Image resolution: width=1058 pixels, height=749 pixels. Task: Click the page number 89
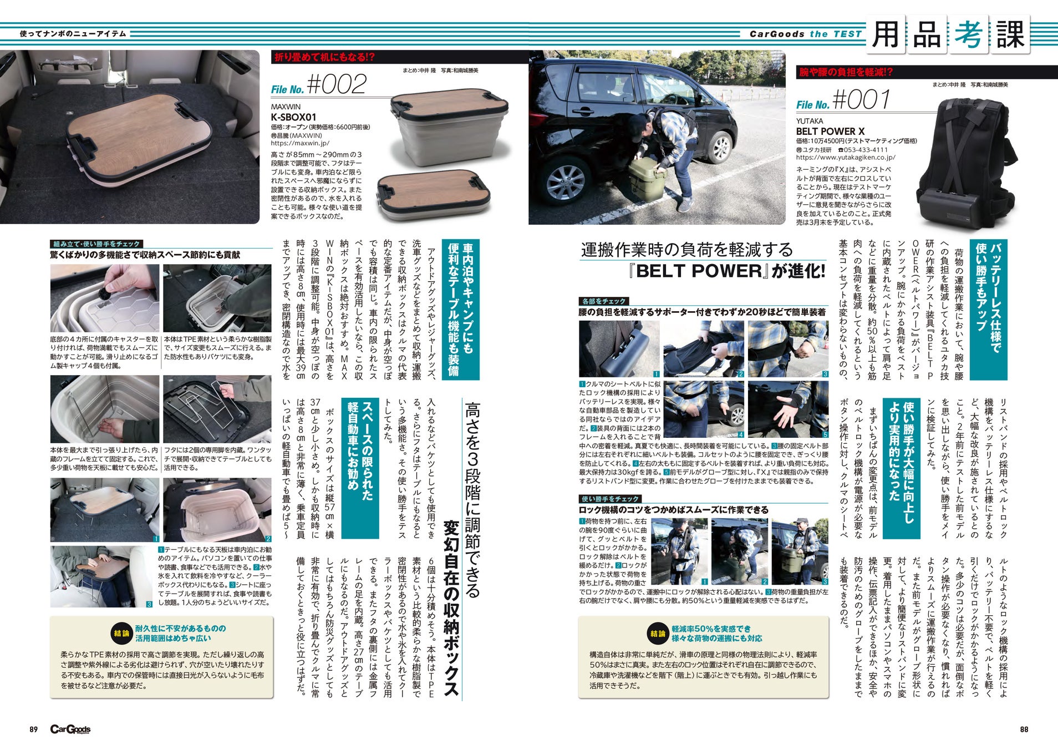pyautogui.click(x=34, y=729)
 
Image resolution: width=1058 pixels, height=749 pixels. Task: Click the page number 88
pyautogui.click(x=1024, y=729)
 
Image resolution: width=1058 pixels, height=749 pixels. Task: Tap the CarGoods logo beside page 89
pyautogui.click(x=70, y=729)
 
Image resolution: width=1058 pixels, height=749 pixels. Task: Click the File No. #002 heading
pyautogui.click(x=319, y=85)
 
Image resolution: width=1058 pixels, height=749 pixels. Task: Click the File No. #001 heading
pyautogui.click(x=843, y=100)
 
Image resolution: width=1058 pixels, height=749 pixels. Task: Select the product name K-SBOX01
pyautogui.click(x=293, y=117)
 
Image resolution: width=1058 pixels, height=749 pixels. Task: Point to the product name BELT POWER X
pyautogui.click(x=830, y=131)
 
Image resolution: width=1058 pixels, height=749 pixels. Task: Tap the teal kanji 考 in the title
pyautogui.click(x=968, y=34)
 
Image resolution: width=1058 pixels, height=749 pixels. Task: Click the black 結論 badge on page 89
pyautogui.click(x=121, y=634)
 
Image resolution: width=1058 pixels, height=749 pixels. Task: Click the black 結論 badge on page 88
pyautogui.click(x=658, y=634)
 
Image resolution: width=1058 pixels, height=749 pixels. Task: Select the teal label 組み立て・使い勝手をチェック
pyautogui.click(x=96, y=244)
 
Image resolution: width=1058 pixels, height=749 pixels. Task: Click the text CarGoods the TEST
pyautogui.click(x=806, y=34)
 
